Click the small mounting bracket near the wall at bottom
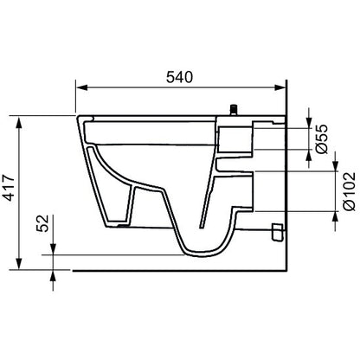(277, 231)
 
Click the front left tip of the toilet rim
(77, 117)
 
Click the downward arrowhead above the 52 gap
(54, 248)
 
